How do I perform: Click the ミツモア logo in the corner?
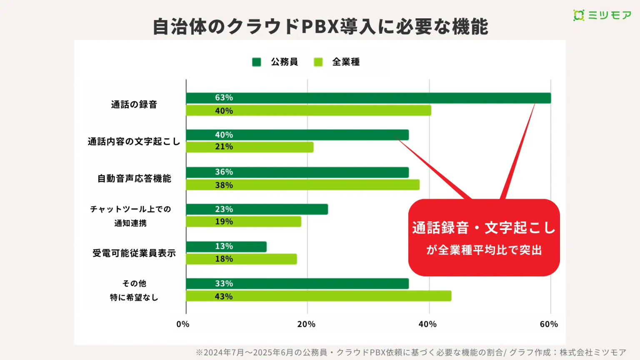click(602, 15)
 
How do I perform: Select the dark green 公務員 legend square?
click(257, 62)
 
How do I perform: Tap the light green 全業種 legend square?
click(318, 62)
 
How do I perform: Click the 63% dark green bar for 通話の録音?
click(368, 98)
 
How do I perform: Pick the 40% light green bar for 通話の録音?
click(308, 110)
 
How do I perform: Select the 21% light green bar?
click(250, 147)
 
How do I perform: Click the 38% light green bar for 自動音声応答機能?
click(302, 185)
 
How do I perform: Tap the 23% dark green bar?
click(257, 209)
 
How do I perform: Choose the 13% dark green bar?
click(226, 247)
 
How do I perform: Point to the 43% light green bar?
click(318, 296)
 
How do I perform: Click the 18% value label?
click(224, 259)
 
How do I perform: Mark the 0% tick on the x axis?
click(182, 324)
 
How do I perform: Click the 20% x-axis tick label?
click(306, 324)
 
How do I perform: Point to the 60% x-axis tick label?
click(549, 324)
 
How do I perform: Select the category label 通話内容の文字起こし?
click(134, 142)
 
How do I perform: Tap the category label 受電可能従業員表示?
click(134, 253)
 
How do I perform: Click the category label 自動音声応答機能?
click(134, 179)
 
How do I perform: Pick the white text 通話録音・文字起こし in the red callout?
click(484, 228)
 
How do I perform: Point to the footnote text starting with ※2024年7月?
click(411, 352)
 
